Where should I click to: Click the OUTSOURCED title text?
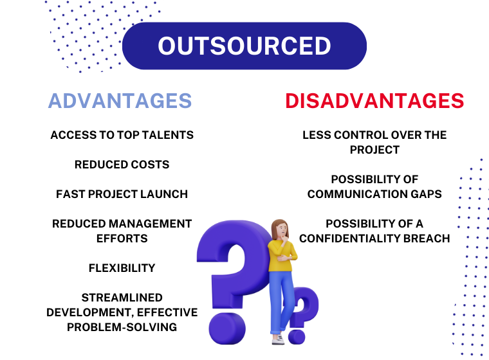pyautogui.click(x=244, y=46)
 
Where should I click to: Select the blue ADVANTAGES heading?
pyautogui.click(x=120, y=101)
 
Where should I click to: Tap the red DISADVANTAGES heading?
pyautogui.click(x=374, y=101)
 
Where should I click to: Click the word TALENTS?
pyautogui.click(x=168, y=135)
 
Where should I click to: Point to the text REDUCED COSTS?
pyautogui.click(x=122, y=165)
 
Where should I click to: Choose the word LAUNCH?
pyautogui.click(x=164, y=194)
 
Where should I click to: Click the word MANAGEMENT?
pyautogui.click(x=151, y=224)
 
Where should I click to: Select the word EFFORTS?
pyautogui.click(x=122, y=239)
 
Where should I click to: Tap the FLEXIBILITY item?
pyautogui.click(x=122, y=268)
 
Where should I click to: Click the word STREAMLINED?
pyautogui.click(x=122, y=298)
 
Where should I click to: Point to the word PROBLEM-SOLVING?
pyautogui.click(x=122, y=327)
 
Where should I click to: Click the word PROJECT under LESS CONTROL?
pyautogui.click(x=374, y=150)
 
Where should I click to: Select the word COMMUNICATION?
pyautogui.click(x=357, y=194)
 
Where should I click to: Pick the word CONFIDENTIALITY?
pyautogui.click(x=349, y=239)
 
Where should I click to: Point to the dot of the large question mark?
pyautogui.click(x=227, y=328)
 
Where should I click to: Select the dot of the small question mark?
pyautogui.click(x=297, y=337)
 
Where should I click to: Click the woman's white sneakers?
pyautogui.click(x=278, y=339)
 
